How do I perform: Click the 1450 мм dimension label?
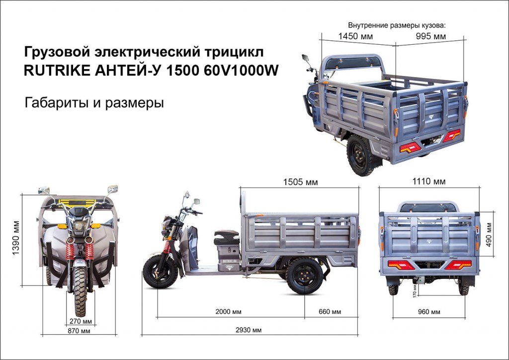[x=355, y=36]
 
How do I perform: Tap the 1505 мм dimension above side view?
[x=301, y=182]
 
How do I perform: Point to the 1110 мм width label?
[x=429, y=181]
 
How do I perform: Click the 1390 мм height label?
[x=17, y=238]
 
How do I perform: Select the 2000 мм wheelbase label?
[x=229, y=312]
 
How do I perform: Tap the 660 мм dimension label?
[x=330, y=312]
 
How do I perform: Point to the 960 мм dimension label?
[x=429, y=312]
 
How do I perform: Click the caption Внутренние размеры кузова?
[x=397, y=25]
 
